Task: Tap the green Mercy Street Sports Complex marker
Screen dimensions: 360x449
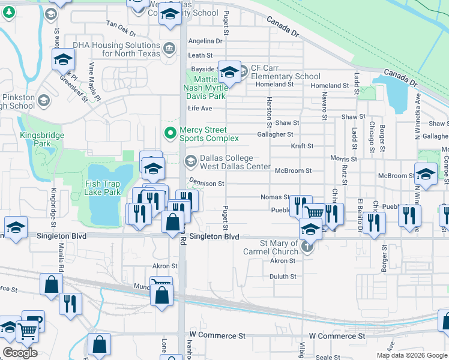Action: (170, 131)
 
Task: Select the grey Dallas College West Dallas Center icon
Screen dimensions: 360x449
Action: (190, 160)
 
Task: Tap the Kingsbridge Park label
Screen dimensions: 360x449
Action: (41, 139)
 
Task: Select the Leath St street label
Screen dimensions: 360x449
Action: (200, 55)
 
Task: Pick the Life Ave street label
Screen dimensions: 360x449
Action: (200, 108)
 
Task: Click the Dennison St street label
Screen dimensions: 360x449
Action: (206, 183)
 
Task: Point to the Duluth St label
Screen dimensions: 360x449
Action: (283, 277)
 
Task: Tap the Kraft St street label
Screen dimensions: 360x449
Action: (302, 146)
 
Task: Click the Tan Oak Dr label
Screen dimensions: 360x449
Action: (122, 24)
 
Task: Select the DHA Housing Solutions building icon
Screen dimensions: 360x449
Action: (169, 47)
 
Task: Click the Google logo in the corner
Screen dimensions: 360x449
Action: (20, 353)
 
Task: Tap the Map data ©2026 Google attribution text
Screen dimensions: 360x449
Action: (412, 355)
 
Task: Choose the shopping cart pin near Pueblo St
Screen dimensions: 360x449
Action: (314, 212)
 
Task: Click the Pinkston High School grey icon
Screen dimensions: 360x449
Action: (43, 100)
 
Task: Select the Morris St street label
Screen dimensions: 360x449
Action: (343, 159)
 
